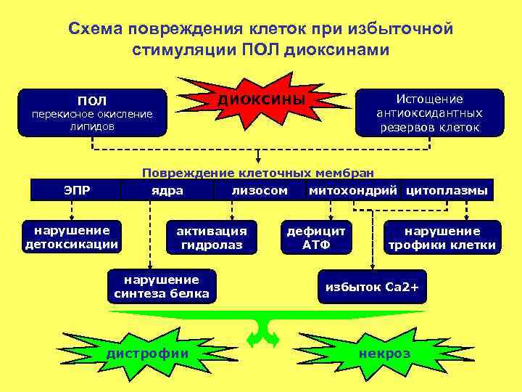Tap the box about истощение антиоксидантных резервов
[x=429, y=113]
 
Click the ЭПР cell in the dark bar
[x=77, y=190]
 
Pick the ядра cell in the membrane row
[x=167, y=190]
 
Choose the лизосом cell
[x=259, y=190]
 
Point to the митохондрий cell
[x=352, y=190]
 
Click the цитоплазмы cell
[x=447, y=190]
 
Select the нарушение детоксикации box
[x=72, y=237]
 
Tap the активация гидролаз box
[x=212, y=237]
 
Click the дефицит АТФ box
[x=316, y=237]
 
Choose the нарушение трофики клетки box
[x=442, y=237]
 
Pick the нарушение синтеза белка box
[x=161, y=286]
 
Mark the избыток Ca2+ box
[x=372, y=287]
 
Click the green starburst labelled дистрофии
[x=147, y=353]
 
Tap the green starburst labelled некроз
[x=384, y=354]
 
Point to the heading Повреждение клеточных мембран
[x=259, y=173]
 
